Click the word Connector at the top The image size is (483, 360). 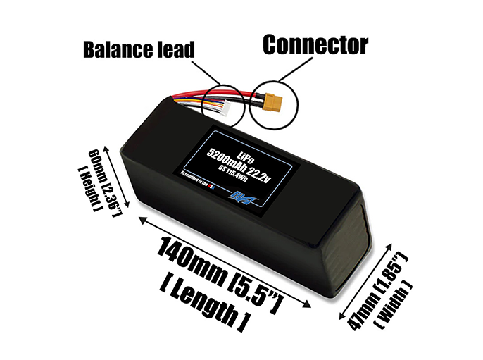(x=315, y=45)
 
